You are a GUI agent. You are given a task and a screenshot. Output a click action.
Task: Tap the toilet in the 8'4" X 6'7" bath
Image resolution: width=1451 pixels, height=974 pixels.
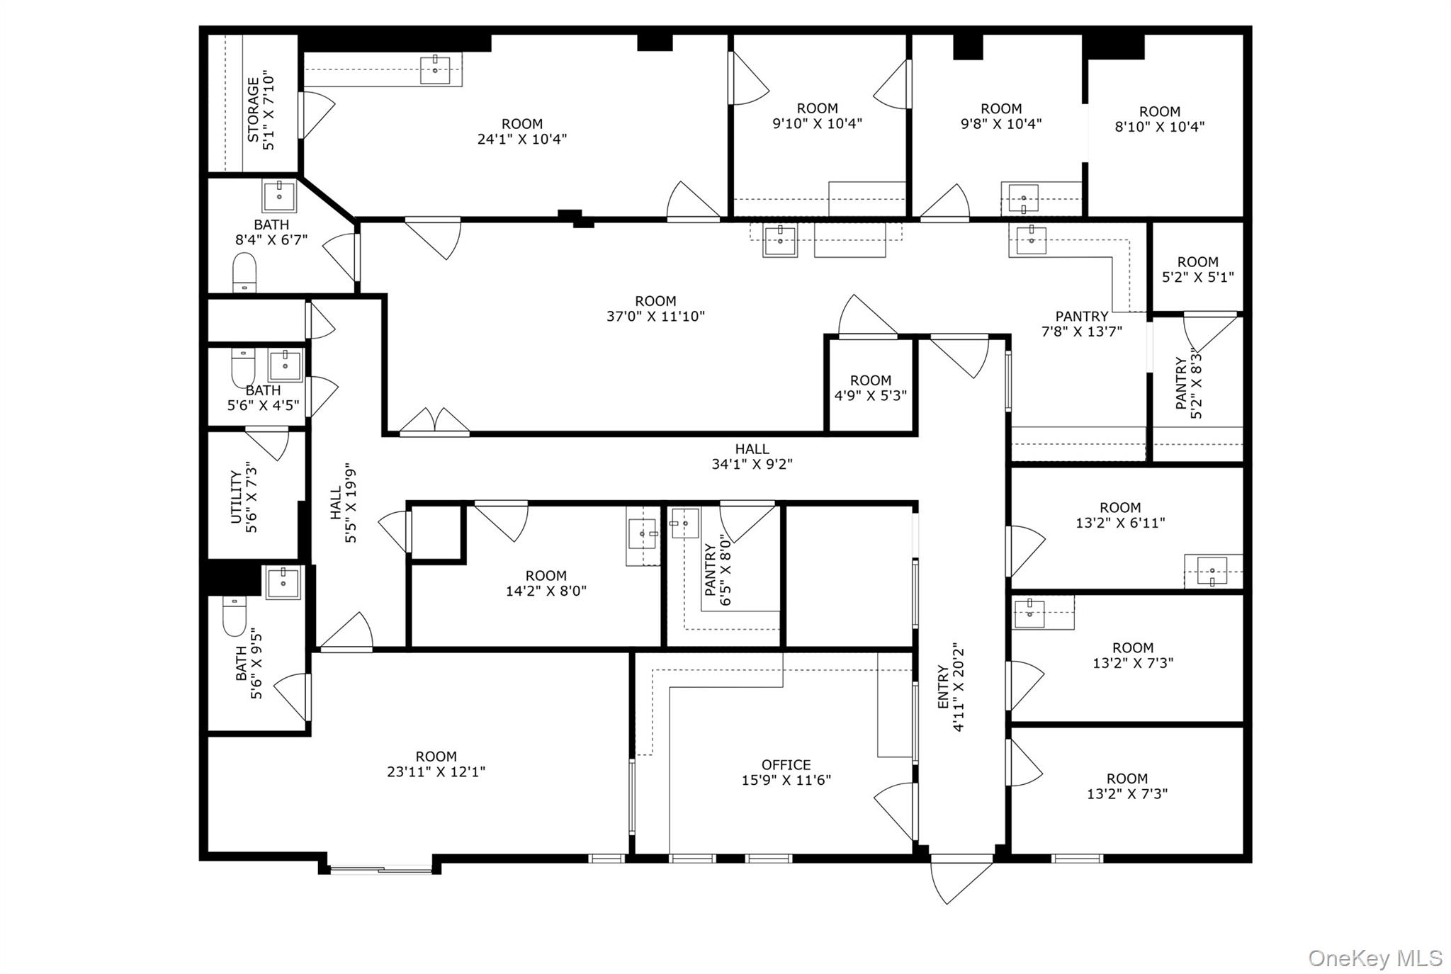244,272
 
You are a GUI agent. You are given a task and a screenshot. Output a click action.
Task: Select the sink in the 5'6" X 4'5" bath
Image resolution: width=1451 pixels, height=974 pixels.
285,366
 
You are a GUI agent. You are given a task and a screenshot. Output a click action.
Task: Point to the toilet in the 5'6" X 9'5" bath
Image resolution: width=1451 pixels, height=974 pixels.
234,616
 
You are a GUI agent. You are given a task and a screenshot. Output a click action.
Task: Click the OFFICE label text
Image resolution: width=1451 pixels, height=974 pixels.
786,765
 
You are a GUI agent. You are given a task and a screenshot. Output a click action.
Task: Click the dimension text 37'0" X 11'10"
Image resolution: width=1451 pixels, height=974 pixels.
655,317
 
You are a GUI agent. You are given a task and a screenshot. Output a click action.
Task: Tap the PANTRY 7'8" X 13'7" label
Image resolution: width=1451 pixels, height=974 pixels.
1081,324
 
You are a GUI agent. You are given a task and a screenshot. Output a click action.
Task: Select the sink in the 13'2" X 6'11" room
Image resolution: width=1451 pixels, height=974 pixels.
1212,570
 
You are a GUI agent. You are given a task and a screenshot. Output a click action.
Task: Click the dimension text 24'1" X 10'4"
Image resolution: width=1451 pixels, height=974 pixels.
522,139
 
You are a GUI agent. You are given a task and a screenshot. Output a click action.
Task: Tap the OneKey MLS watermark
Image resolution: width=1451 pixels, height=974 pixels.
1374,958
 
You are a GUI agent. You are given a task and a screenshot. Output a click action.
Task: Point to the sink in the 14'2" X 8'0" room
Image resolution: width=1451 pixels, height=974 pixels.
642,533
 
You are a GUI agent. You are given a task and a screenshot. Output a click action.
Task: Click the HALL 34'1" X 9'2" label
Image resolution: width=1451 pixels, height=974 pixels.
752,456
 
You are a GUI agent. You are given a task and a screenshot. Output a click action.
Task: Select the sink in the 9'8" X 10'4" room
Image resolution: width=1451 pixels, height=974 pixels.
1023,198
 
